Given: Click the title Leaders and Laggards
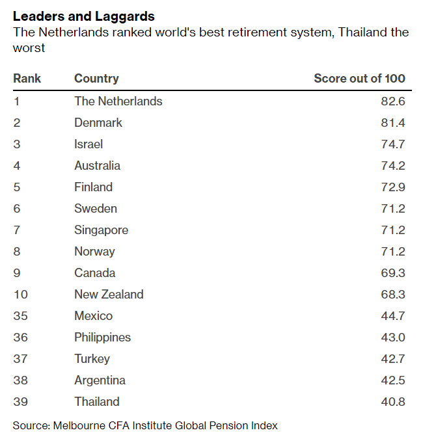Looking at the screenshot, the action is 84,16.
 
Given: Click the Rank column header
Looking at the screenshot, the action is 27,79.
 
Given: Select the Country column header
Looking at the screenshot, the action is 96,79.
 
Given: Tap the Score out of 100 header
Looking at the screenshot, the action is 359,79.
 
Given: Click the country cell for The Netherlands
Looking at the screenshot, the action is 118,101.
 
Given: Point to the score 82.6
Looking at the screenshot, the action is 393,101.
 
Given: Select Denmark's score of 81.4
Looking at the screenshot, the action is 393,123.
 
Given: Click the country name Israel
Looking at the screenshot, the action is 89,144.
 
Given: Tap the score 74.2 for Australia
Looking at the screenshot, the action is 393,166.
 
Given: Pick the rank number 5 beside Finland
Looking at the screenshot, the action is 17,187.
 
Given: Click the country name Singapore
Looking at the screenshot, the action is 101,230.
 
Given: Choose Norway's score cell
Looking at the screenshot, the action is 393,252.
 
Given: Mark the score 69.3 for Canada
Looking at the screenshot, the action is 393,273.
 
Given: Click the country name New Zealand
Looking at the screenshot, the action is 109,295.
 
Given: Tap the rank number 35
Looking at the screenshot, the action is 20,316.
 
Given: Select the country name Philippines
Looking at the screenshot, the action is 103,338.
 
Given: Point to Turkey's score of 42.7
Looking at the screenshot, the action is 393,359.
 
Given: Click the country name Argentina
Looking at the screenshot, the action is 100,380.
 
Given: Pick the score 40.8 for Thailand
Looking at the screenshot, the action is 393,402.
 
